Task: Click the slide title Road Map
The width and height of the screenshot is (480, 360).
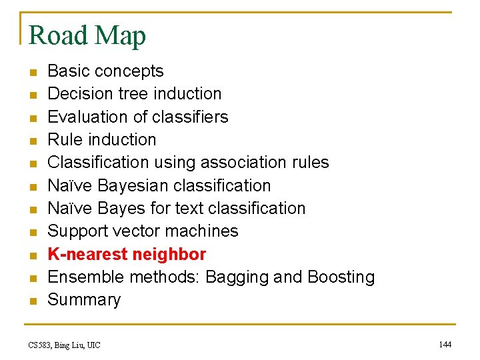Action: coord(87,35)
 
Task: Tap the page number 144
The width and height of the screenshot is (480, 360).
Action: coord(445,344)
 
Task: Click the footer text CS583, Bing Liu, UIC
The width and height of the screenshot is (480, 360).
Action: coord(64,345)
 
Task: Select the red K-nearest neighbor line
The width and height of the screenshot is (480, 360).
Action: coord(127,254)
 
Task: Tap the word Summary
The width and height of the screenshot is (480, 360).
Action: coord(84,300)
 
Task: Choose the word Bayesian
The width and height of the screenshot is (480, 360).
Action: coord(133,185)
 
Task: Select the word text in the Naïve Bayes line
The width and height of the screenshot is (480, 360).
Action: coord(189,208)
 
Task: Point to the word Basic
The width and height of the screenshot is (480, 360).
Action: coord(69,71)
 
